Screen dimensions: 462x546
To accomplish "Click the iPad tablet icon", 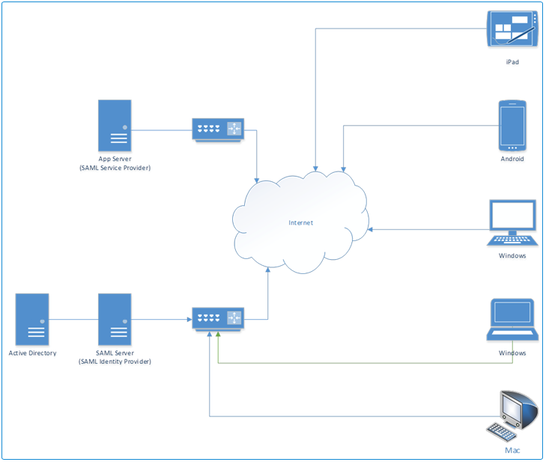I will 512,29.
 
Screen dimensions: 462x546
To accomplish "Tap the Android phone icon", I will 512,125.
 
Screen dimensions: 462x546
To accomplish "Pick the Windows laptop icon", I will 512,320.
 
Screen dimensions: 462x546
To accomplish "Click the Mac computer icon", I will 515,413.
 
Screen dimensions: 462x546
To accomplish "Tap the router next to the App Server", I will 218,130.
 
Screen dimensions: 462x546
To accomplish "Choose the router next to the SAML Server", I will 218,319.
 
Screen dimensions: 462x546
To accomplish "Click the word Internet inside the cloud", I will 301,223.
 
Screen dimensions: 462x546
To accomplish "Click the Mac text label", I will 512,451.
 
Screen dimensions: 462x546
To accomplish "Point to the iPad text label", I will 512,62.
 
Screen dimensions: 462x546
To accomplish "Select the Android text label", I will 512,159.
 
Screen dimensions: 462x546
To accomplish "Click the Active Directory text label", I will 32,353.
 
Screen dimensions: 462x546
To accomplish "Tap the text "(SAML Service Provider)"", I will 115,168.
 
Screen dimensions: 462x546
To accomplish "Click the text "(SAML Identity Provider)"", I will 115,362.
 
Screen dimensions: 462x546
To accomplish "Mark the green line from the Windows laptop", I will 360,363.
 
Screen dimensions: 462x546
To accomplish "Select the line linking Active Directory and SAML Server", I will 73,320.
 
